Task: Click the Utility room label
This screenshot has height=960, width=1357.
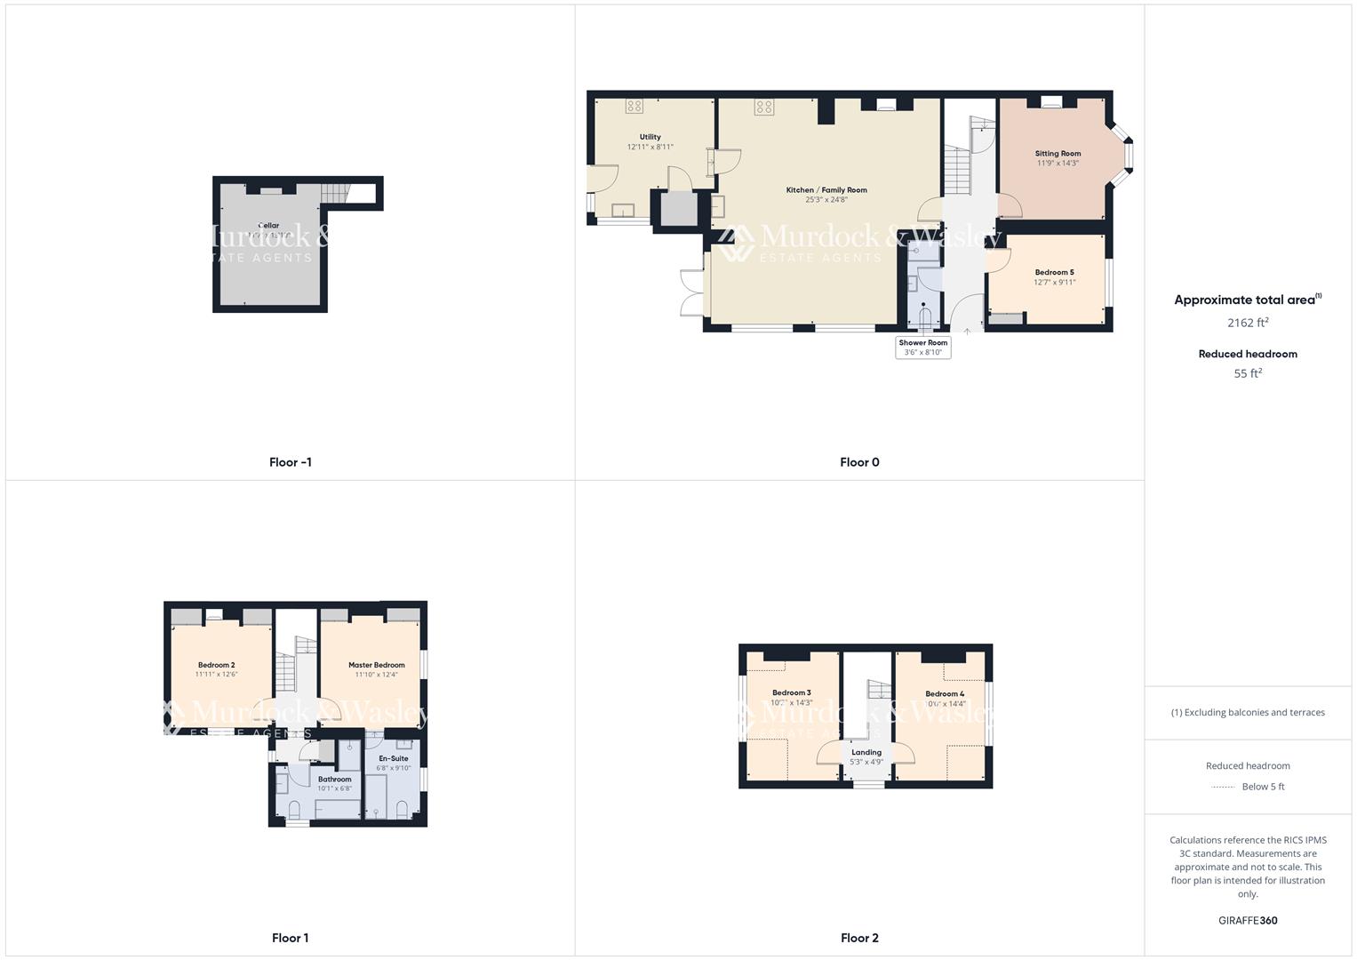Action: [650, 138]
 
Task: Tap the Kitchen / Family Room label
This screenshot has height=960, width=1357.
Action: [826, 190]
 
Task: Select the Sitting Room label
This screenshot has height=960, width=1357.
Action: [1058, 154]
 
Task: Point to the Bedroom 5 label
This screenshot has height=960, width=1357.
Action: [1054, 273]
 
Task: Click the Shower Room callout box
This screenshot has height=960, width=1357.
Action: [923, 348]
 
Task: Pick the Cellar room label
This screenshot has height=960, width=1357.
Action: [268, 226]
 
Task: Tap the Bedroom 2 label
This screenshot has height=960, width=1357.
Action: [216, 665]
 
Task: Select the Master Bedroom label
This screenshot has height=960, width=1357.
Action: [376, 665]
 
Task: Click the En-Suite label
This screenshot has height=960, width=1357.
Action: [393, 758]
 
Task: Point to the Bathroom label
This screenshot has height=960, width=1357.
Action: [334, 780]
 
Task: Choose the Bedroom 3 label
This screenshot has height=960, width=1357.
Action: [791, 692]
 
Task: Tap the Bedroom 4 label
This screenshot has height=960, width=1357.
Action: [944, 693]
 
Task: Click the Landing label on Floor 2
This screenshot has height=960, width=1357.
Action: [866, 752]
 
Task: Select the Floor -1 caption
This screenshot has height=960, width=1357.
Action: [291, 462]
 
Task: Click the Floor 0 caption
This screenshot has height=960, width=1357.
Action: [859, 462]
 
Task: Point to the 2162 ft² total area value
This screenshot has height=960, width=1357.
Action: [1248, 323]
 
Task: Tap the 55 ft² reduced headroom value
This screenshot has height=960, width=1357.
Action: [1248, 374]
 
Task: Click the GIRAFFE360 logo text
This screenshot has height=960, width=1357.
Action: [1248, 920]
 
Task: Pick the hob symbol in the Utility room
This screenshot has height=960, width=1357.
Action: [634, 107]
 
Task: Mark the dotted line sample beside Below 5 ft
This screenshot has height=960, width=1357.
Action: [1224, 787]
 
